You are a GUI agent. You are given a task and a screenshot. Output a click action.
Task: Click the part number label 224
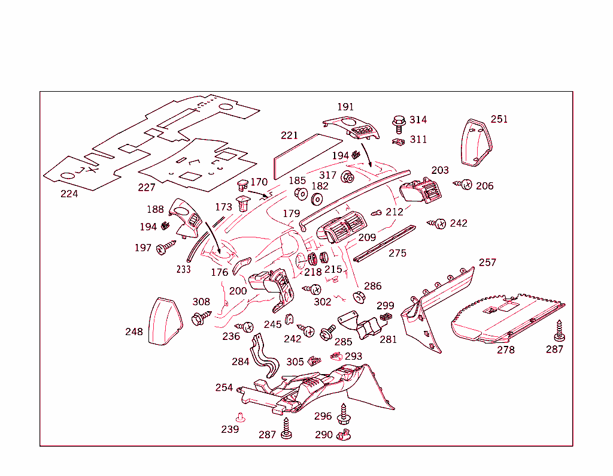pyautogui.click(x=69, y=194)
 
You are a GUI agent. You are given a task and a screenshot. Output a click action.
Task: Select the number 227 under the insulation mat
pyautogui.click(x=147, y=188)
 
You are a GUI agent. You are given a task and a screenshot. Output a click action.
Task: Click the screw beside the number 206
pyautogui.click(x=465, y=184)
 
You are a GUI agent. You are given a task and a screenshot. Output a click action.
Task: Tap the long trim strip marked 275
pyautogui.click(x=384, y=244)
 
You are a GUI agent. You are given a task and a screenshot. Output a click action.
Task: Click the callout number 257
pyautogui.click(x=487, y=263)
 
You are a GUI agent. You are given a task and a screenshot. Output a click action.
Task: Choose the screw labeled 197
pyautogui.click(x=165, y=247)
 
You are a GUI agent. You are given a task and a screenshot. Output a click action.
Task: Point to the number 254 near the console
pyautogui.click(x=224, y=388)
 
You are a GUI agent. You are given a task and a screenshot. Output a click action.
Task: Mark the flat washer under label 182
pyautogui.click(x=317, y=200)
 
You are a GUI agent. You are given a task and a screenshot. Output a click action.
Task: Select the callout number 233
pyautogui.click(x=183, y=269)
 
